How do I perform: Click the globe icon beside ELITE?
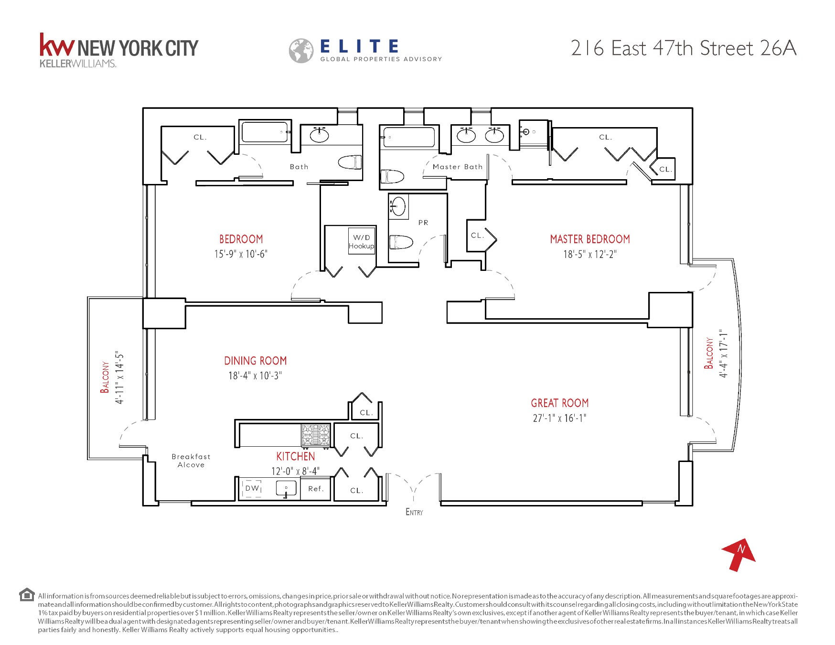tap(301, 51)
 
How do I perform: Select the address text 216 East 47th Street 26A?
tap(684, 48)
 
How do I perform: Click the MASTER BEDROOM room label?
tap(590, 239)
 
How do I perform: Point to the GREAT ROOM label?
tap(560, 403)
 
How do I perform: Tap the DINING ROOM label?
tap(256, 361)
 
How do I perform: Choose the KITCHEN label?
tap(296, 457)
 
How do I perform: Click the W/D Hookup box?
tap(362, 242)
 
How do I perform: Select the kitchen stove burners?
tap(316, 435)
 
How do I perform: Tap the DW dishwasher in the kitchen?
tap(252, 488)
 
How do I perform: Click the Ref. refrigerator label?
tap(316, 489)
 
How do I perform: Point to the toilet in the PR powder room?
tap(401, 242)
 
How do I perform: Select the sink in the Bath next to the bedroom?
tap(319, 136)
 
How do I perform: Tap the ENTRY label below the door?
tap(414, 512)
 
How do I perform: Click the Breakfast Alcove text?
tap(191, 461)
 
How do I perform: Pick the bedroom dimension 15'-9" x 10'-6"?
tap(241, 254)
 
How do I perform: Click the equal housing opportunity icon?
tap(27, 595)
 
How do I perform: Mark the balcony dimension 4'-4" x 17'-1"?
tap(724, 354)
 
